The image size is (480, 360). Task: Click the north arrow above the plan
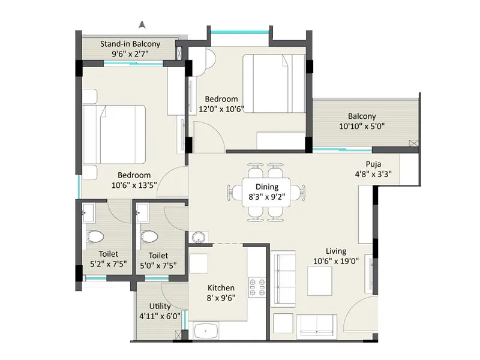tap(142, 25)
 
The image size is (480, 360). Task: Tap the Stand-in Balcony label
tap(130, 44)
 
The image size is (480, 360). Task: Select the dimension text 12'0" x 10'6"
tap(221, 109)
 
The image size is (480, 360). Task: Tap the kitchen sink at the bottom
tap(206, 332)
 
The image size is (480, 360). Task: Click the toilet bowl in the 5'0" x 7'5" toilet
tap(148, 237)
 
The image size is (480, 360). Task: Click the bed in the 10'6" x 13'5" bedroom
tap(114, 134)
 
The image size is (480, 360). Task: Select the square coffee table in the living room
tap(320, 280)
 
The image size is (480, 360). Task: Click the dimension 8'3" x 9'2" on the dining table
tap(267, 196)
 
